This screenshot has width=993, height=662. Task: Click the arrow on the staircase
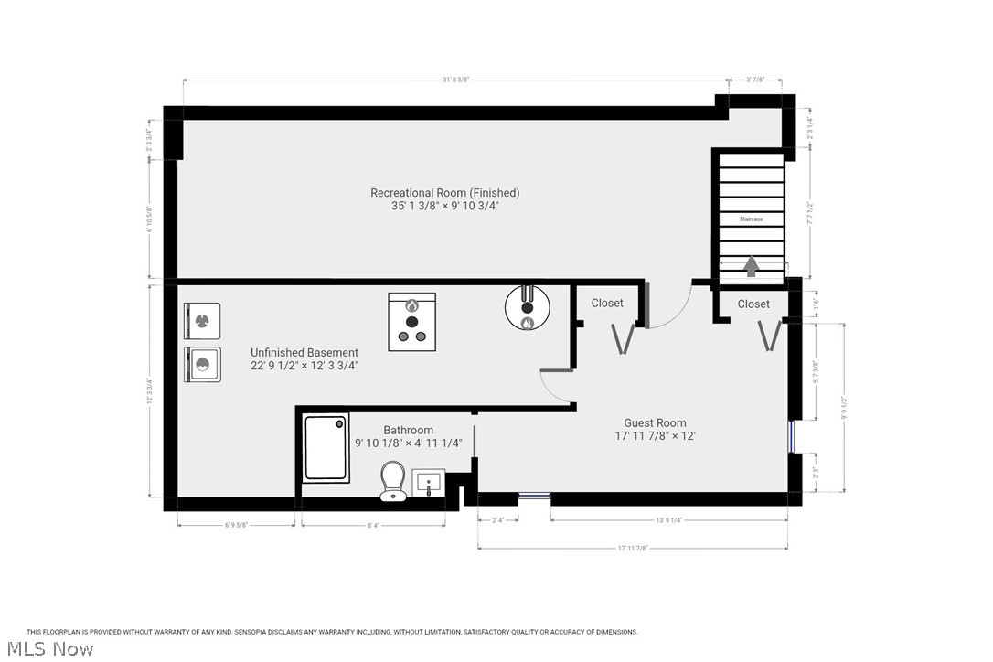[x=751, y=266]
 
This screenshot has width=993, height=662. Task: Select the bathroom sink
[x=430, y=482]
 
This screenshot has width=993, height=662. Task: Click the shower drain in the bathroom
[x=340, y=424]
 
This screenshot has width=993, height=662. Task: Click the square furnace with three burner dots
[x=412, y=321]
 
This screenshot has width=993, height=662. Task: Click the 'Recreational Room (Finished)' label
[x=444, y=193]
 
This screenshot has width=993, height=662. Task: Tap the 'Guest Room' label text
[x=655, y=423]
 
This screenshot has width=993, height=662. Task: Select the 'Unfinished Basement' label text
[x=304, y=352]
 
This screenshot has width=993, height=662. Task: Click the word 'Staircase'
[x=751, y=219]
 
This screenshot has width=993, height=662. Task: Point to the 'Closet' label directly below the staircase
[x=753, y=304]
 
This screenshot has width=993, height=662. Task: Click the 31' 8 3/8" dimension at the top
[x=455, y=80]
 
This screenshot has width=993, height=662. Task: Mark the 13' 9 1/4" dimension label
[x=669, y=520]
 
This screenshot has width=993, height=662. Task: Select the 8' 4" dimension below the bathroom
[x=373, y=525]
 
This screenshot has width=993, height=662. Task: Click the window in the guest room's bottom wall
[x=534, y=496]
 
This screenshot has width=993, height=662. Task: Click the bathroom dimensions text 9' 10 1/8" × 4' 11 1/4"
[x=409, y=443]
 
